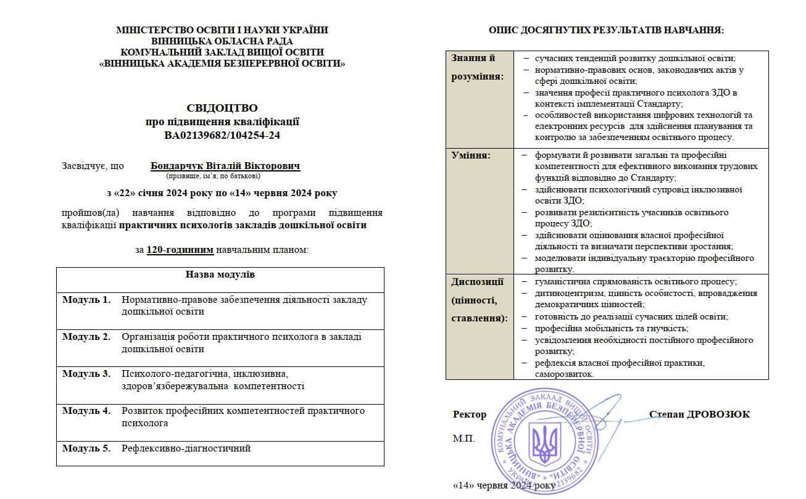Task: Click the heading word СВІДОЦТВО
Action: tap(222, 108)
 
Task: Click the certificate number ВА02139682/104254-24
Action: tap(222, 135)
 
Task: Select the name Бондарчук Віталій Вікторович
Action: tap(225, 166)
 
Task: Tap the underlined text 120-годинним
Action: tap(180, 250)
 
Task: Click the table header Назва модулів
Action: tap(220, 274)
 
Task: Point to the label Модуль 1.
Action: tap(86, 300)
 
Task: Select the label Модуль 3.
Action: tap(86, 374)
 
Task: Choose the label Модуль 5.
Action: tap(86, 448)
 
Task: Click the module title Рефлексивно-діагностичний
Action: tap(186, 448)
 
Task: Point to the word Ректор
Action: tap(469, 414)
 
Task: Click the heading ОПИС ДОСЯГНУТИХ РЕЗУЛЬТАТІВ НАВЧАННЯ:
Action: tap(606, 30)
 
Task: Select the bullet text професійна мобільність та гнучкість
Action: tap(603, 328)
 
